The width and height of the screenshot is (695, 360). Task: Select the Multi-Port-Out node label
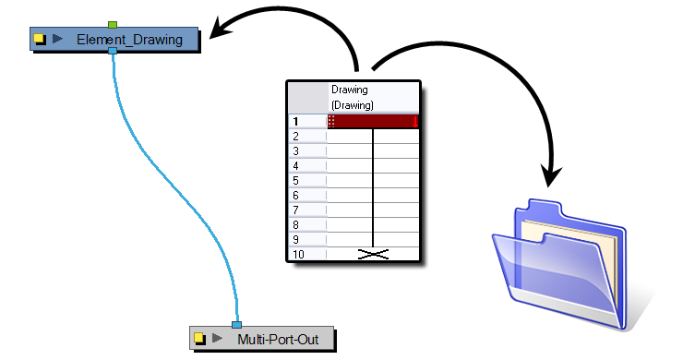(x=278, y=339)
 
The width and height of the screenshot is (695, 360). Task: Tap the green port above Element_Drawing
(x=112, y=24)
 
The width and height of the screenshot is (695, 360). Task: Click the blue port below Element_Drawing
(x=112, y=52)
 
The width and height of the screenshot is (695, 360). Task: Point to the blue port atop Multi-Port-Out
(x=236, y=324)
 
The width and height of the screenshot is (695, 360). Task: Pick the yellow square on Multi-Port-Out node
(x=198, y=339)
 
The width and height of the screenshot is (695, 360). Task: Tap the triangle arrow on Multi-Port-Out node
(x=217, y=339)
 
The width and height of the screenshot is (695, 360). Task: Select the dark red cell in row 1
(x=373, y=121)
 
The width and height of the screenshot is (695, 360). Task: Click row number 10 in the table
(x=298, y=254)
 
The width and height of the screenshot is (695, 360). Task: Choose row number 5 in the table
(x=296, y=180)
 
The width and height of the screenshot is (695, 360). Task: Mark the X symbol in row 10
(x=372, y=253)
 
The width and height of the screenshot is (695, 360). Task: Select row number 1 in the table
(x=296, y=121)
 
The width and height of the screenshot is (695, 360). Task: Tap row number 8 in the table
(x=296, y=224)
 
